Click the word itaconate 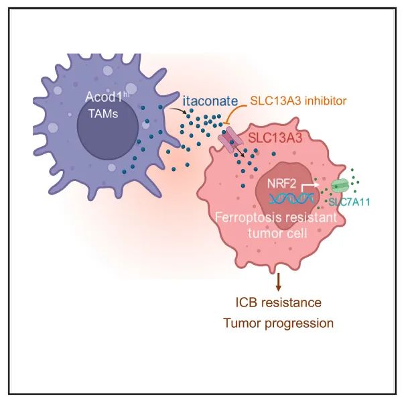click(210, 101)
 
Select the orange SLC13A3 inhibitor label click(298, 101)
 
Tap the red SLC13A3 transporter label click(275, 138)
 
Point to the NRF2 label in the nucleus click(282, 184)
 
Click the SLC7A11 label click(349, 202)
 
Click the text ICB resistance click(279, 302)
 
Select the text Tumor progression click(278, 323)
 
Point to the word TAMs click(103, 113)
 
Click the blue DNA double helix click(291, 198)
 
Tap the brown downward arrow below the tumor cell click(278, 282)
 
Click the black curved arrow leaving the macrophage click(178, 111)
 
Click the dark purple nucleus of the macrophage click(108, 131)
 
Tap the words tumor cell click(277, 233)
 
